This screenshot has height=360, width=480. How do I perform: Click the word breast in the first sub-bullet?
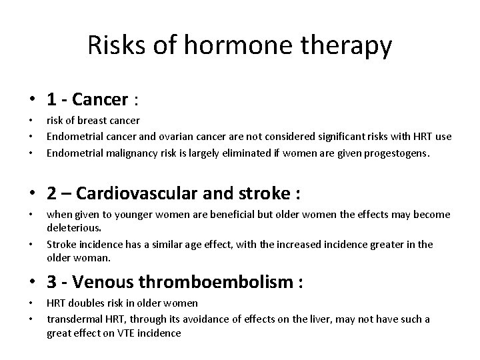click(x=90, y=121)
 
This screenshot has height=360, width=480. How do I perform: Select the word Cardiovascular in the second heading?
click(x=136, y=193)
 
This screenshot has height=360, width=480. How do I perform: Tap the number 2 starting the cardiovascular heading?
click(x=51, y=193)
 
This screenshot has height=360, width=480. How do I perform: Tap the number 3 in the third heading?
click(x=51, y=283)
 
